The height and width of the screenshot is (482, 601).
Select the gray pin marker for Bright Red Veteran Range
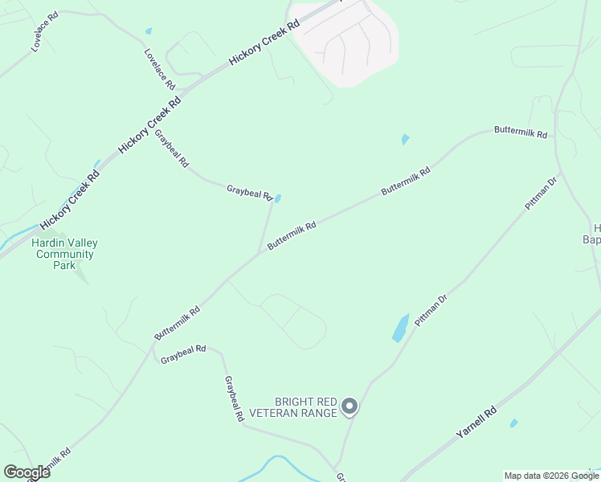pyautogui.click(x=349, y=406)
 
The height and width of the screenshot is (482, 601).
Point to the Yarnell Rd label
pyautogui.click(x=476, y=422)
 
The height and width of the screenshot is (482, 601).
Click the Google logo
pyautogui.click(x=27, y=472)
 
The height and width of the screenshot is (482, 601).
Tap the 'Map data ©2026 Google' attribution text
pyautogui.click(x=552, y=476)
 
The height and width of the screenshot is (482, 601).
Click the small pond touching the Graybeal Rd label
pyautogui.click(x=278, y=198)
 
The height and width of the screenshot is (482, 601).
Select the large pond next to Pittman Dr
pyautogui.click(x=400, y=328)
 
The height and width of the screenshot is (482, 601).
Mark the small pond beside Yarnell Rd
pyautogui.click(x=513, y=423)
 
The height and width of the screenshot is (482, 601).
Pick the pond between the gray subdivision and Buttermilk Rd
pyautogui.click(x=405, y=140)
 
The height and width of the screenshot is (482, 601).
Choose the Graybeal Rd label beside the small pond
pyautogui.click(x=249, y=193)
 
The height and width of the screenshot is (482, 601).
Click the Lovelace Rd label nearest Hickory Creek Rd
pyautogui.click(x=159, y=69)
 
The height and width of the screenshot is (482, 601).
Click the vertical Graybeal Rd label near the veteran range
pyautogui.click(x=234, y=399)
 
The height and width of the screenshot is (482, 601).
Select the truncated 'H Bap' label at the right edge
pyautogui.click(x=592, y=233)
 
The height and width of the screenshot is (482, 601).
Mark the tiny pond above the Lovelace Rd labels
pyautogui.click(x=149, y=31)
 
